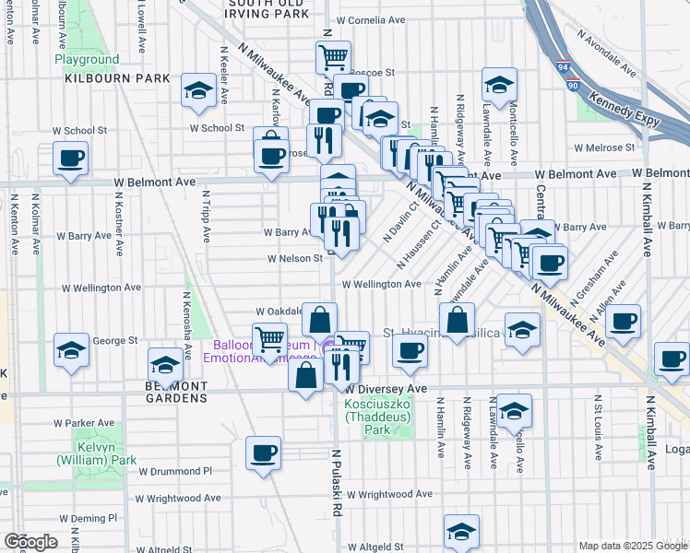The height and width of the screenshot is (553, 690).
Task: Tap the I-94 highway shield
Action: [x=562, y=66]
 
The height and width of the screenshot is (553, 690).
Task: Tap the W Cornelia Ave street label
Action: [x=373, y=19]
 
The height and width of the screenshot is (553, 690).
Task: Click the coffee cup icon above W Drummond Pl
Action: [x=264, y=453]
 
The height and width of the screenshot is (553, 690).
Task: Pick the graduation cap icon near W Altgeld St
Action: [x=461, y=530]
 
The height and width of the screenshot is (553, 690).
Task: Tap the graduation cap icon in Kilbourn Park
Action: [x=198, y=89]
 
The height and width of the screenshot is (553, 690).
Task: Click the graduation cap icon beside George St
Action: [x=71, y=349]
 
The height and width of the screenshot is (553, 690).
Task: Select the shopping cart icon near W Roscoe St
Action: [x=333, y=56]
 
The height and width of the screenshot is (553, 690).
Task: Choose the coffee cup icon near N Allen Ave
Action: [x=624, y=321]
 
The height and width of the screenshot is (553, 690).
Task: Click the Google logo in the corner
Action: [x=31, y=542]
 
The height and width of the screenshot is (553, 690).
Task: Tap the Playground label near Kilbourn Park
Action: [x=87, y=60]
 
